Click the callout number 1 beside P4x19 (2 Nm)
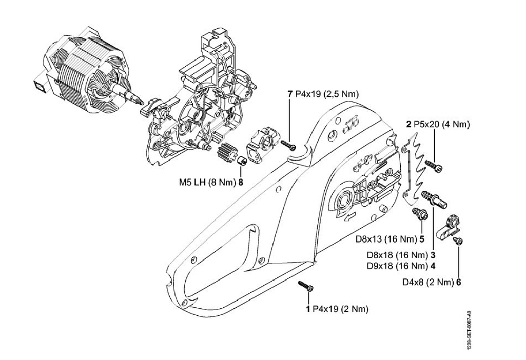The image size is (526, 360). click(x=307, y=309)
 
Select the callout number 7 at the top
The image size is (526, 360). click(x=290, y=95)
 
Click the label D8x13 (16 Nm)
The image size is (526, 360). click(x=386, y=238)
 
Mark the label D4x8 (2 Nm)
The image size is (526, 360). click(x=427, y=282)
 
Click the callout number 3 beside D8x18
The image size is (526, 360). click(x=433, y=255)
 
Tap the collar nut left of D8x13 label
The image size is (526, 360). click(x=419, y=214)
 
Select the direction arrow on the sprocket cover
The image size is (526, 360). click(x=347, y=218)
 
